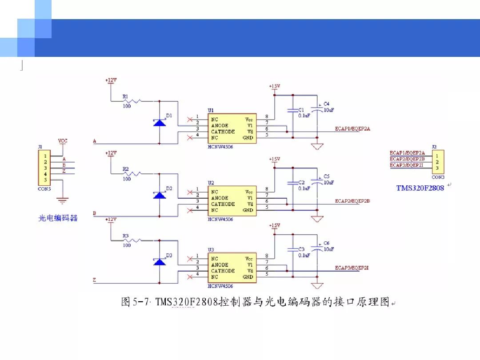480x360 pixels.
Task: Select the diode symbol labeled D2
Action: point(160,195)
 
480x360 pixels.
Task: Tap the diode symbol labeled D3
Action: point(160,261)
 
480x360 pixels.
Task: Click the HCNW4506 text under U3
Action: point(220,286)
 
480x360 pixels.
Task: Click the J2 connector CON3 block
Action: point(437,162)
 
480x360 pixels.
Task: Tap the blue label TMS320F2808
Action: point(420,188)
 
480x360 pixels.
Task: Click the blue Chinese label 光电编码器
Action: point(58,218)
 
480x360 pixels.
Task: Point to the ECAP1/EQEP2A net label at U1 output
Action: point(352,129)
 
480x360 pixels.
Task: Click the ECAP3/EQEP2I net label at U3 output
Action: point(352,268)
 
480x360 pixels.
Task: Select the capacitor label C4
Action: point(327,104)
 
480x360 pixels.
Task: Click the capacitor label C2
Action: point(301,182)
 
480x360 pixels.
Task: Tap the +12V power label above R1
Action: point(111,80)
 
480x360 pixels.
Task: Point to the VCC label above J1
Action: point(63,141)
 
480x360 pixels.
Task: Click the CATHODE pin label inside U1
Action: point(223,132)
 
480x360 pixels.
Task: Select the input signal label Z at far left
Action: point(94,280)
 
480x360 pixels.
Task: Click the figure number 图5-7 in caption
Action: point(136,303)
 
